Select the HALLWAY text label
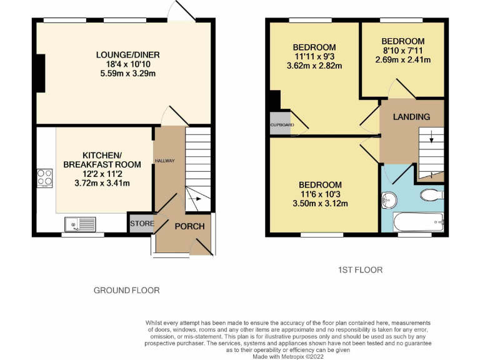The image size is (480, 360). (165, 161)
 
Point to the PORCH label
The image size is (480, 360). (189, 226)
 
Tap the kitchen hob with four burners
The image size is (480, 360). (45, 177)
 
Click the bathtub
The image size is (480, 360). (417, 221)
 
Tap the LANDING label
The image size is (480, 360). (411, 117)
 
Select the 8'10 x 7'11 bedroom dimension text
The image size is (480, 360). (403, 51)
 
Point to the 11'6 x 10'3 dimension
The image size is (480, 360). (320, 194)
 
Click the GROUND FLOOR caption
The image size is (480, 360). (126, 290)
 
